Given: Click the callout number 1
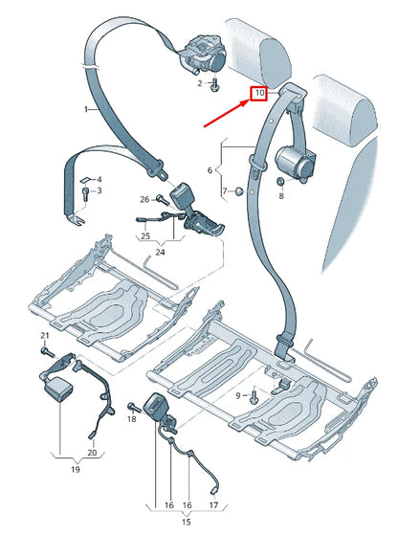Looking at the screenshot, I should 84,110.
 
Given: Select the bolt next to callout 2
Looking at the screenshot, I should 213,84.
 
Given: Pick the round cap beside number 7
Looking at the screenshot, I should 237,191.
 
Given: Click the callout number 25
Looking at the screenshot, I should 145,235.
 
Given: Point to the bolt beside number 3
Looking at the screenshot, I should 87,192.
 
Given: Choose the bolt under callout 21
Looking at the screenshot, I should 44,351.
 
